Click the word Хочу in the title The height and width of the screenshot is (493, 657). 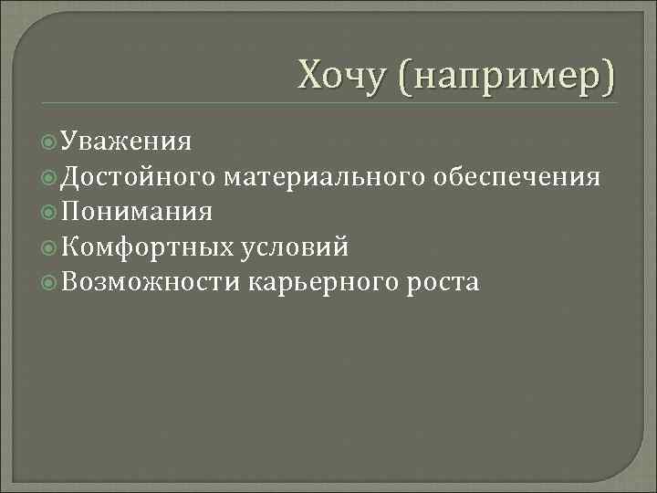pyautogui.click(x=346, y=74)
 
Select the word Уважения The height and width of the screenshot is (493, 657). pyautogui.click(x=127, y=142)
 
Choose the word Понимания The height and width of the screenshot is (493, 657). pyautogui.click(x=137, y=212)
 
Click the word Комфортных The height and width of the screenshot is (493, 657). pyautogui.click(x=149, y=247)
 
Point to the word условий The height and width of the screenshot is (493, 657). pyautogui.click(x=295, y=247)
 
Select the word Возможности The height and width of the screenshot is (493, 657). pyautogui.click(x=151, y=282)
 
